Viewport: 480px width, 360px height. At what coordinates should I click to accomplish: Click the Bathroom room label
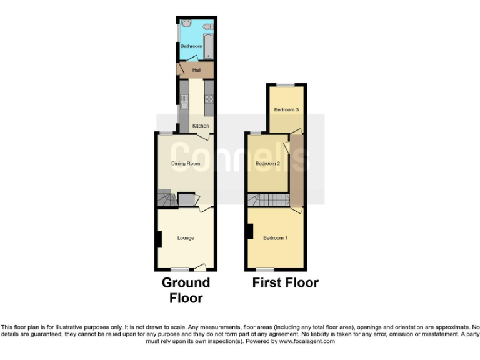point(191,47)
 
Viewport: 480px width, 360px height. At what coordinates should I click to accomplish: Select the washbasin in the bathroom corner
point(186,24)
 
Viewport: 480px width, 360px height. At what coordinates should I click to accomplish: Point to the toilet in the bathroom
point(207,27)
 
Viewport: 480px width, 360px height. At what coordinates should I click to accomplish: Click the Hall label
point(196,70)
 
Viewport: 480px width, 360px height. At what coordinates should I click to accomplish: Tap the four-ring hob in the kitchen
point(209,99)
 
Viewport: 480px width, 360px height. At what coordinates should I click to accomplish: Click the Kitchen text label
point(201,126)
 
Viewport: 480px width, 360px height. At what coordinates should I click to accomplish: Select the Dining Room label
point(185,164)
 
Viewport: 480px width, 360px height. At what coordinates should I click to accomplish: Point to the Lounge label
point(186,238)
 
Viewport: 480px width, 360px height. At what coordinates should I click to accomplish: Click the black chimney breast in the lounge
point(159,239)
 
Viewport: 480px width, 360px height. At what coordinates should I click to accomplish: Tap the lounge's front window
point(180,269)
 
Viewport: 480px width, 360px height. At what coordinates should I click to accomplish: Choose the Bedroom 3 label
point(286,110)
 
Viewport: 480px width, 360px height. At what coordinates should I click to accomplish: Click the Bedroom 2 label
point(267,164)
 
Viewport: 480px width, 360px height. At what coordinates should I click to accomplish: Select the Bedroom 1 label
point(276,238)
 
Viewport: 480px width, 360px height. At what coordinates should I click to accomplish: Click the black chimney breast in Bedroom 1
point(250,231)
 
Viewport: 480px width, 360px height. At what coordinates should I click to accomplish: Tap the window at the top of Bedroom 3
point(287,84)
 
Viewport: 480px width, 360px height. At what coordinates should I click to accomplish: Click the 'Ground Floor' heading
point(186,290)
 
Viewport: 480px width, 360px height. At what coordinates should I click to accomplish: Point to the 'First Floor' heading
point(286,283)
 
